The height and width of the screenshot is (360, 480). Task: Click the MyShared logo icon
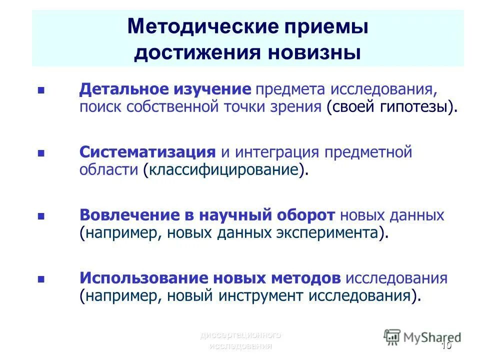392,337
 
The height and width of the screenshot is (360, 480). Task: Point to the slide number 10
446,345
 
